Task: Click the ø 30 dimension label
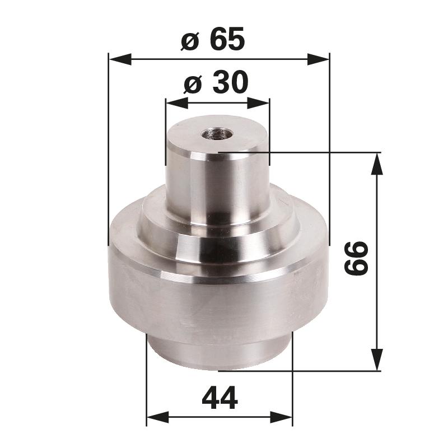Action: pos(216,84)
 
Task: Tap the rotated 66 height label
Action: pos(356,258)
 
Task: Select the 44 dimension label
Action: pos(219,398)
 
